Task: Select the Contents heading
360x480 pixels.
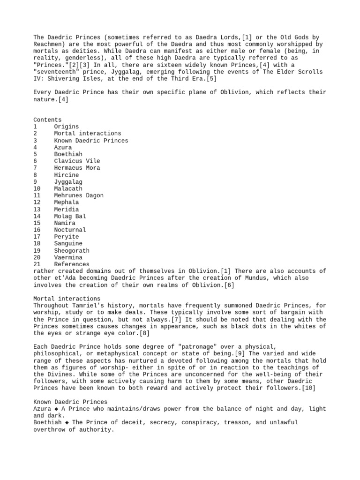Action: [47, 120]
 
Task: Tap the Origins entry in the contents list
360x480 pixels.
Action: [66, 127]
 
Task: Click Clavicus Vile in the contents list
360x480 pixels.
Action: [77, 161]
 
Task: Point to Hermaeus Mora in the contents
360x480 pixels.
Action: [77, 168]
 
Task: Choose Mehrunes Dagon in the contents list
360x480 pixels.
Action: [79, 195]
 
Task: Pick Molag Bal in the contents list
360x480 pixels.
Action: [70, 216]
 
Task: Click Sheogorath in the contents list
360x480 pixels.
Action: [72, 250]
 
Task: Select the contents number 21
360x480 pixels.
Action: [37, 264]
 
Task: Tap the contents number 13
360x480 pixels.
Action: [37, 209]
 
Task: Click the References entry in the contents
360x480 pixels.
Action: [72, 264]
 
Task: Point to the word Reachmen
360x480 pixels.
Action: [47, 44]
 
